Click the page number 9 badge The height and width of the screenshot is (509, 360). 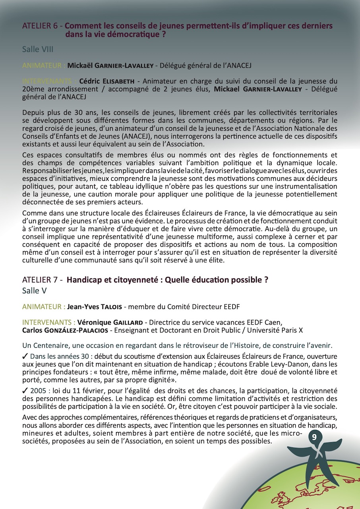[x=314, y=437]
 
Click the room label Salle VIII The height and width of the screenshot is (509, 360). [x=38, y=50]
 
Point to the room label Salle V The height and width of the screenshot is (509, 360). [x=35, y=291]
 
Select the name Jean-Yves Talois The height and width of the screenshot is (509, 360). [x=94, y=307]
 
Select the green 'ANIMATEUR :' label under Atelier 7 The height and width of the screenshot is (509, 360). [x=44, y=307]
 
